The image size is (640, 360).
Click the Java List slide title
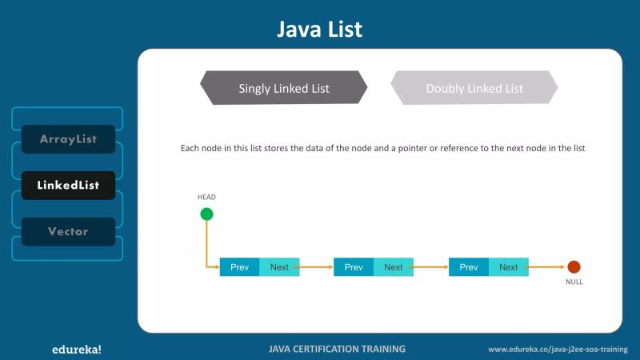tap(319, 30)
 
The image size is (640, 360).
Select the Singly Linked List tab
tap(284, 88)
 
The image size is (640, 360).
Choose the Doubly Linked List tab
tap(474, 88)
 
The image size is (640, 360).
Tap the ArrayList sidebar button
tap(68, 139)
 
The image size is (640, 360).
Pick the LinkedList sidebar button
tap(68, 186)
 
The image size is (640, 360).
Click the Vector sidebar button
tap(68, 232)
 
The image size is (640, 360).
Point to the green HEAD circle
tap(206, 214)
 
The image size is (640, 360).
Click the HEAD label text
tap(206, 197)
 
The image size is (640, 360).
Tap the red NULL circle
tap(574, 267)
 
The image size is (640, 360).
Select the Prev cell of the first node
tap(239, 267)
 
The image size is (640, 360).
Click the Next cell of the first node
tap(279, 267)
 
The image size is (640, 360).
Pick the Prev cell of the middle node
tap(354, 267)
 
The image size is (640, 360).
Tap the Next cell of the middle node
tap(394, 267)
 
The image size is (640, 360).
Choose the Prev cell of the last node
tap(469, 267)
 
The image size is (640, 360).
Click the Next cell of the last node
tap(509, 267)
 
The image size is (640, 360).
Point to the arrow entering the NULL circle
tap(548, 267)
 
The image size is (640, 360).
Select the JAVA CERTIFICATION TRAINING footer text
tap(337, 349)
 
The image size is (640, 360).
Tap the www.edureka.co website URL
tap(558, 350)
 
